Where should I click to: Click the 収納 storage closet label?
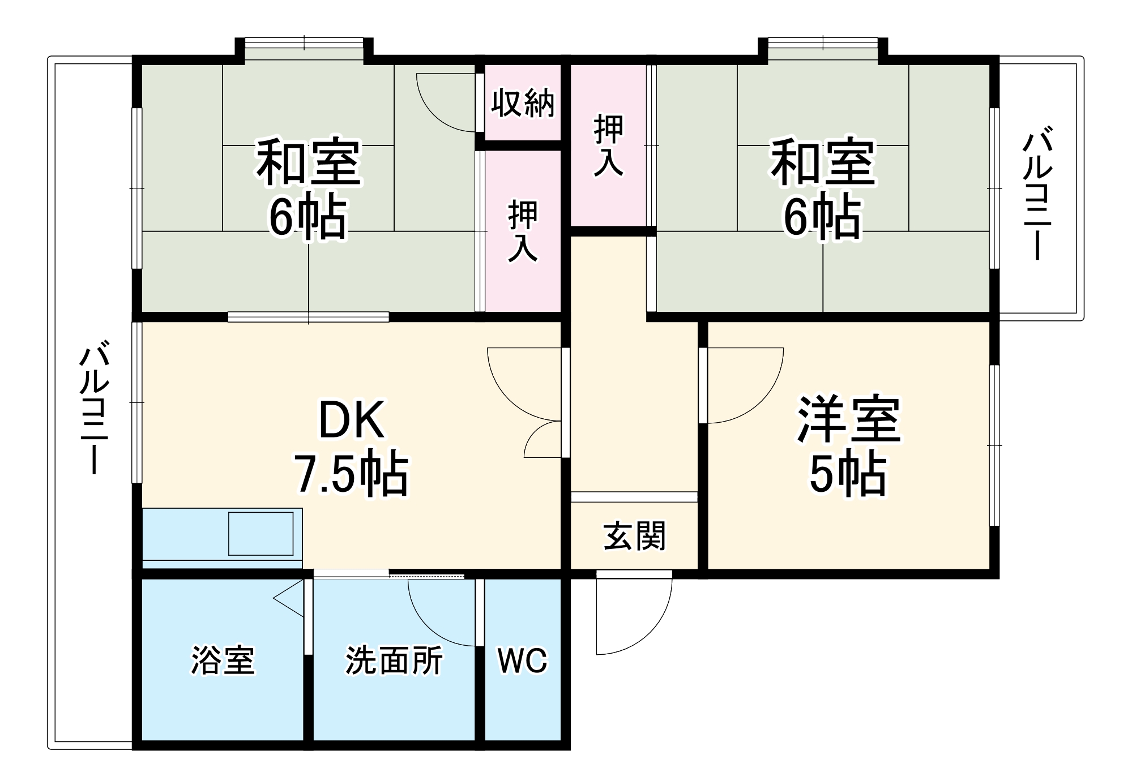coord(522,103)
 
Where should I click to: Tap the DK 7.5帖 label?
coord(351,447)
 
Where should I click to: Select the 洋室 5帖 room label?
coord(848,447)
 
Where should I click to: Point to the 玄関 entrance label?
coord(634,536)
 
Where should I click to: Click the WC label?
coord(522,660)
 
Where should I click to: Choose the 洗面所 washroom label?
coord(394,660)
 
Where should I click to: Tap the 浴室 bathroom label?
coord(223,660)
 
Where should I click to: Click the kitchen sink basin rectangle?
coord(260,533)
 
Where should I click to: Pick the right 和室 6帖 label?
coord(822,188)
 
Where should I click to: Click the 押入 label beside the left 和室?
coord(522,230)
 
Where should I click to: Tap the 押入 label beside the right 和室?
coord(608,145)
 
